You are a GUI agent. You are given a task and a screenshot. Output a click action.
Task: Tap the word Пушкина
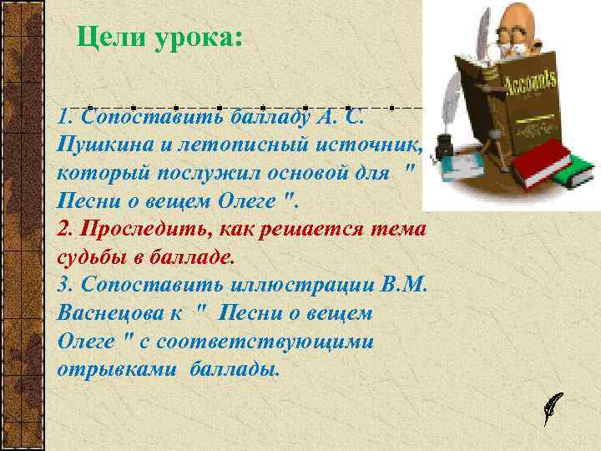(x=104, y=144)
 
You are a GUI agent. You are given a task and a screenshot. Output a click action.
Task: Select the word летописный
(x=238, y=144)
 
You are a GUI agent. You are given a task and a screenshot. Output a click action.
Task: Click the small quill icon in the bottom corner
(x=553, y=407)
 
